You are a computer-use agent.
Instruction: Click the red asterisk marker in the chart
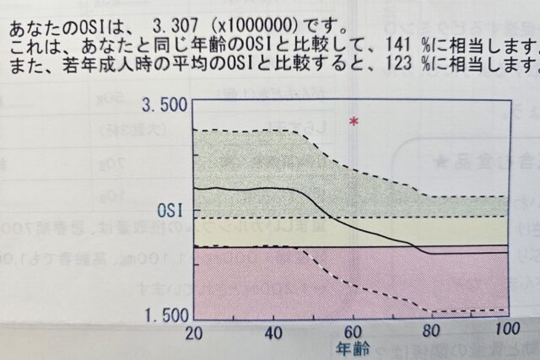point(354,122)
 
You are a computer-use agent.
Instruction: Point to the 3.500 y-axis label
point(165,106)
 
